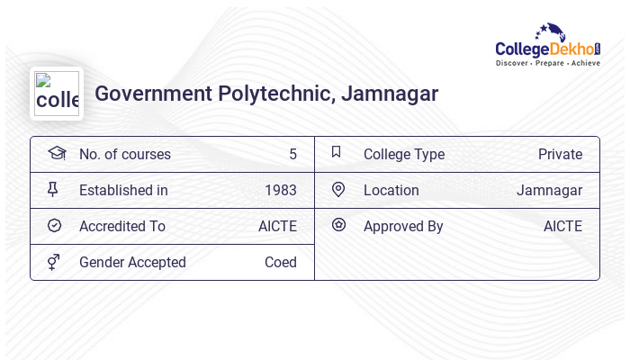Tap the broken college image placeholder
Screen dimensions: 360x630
click(x=56, y=94)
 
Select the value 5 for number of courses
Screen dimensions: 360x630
click(x=292, y=155)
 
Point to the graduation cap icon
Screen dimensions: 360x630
click(x=56, y=153)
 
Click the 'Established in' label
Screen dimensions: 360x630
click(x=123, y=191)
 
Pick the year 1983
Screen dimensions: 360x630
click(x=280, y=191)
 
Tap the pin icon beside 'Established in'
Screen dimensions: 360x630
click(x=53, y=190)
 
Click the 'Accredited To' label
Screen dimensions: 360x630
click(x=122, y=227)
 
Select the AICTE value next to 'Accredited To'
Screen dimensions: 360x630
click(x=277, y=227)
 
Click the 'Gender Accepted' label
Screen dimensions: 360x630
click(x=132, y=263)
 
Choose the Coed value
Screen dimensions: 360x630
click(x=280, y=263)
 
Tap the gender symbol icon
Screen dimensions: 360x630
click(x=54, y=262)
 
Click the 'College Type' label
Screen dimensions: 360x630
click(x=404, y=155)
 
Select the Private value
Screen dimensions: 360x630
click(x=560, y=155)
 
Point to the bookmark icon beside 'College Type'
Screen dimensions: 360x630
click(x=337, y=152)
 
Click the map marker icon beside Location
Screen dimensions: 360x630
click(x=338, y=190)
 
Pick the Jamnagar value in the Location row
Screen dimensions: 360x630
click(x=549, y=191)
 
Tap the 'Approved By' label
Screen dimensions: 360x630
click(x=403, y=227)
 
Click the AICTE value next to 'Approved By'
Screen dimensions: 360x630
click(x=562, y=227)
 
